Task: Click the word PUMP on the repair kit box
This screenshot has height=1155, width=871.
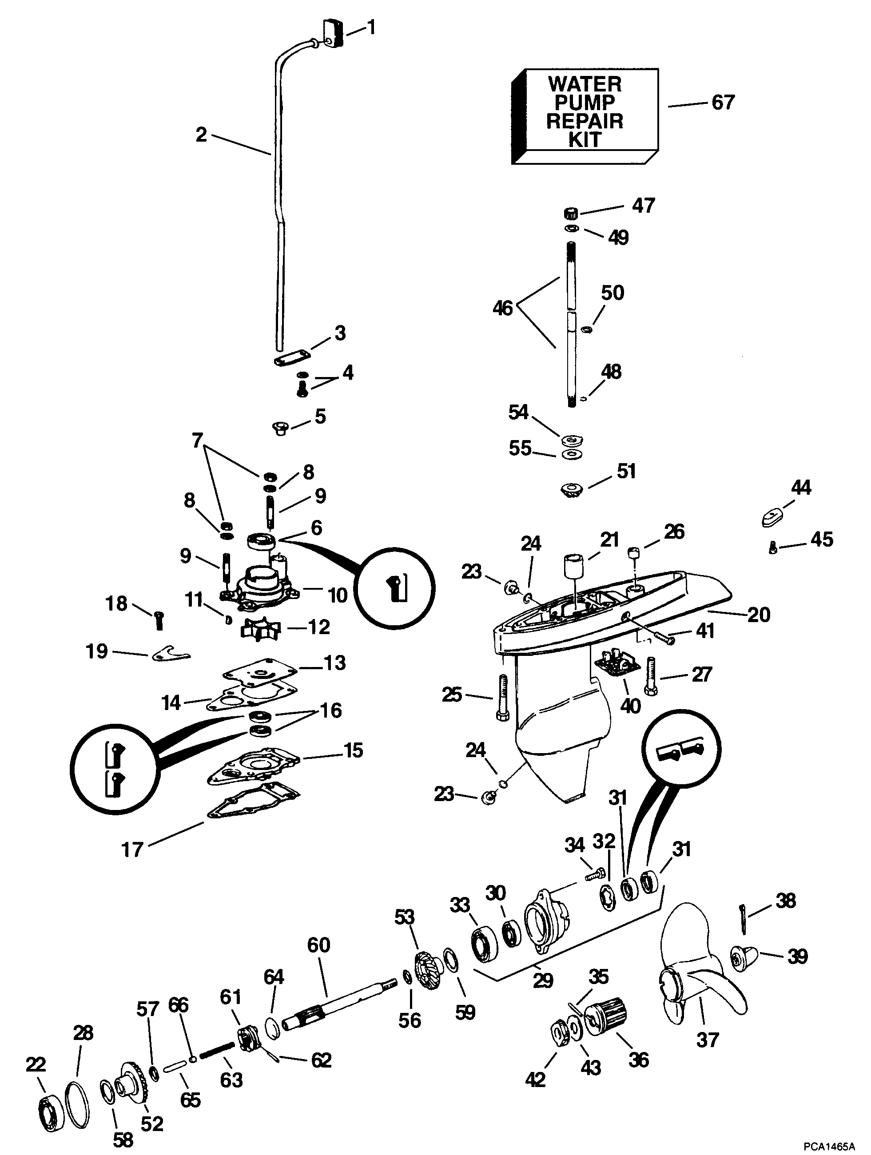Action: point(585,102)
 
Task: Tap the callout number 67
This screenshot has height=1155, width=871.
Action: point(723,102)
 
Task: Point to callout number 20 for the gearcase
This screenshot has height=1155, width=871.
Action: point(758,615)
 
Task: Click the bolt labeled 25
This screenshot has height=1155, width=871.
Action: point(501,698)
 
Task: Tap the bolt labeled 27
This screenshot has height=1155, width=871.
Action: point(651,676)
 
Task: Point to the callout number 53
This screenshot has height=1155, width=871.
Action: point(404,917)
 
